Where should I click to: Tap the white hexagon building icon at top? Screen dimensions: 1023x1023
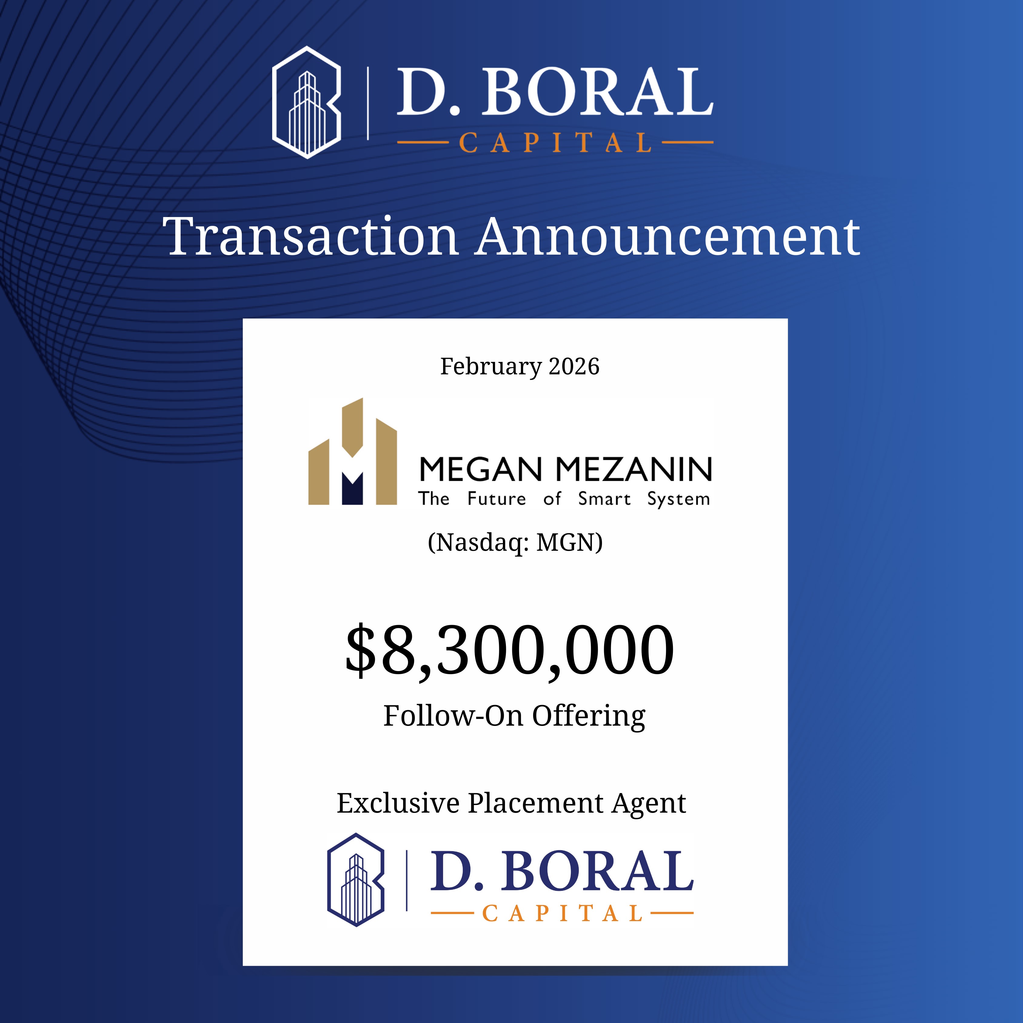[306, 102]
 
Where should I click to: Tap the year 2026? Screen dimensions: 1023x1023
[574, 366]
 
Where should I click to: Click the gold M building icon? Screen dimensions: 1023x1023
[353, 451]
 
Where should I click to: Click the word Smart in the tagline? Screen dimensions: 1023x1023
[604, 499]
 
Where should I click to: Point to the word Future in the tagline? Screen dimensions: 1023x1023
[497, 499]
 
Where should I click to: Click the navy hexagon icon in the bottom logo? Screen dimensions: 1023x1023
[356, 880]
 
